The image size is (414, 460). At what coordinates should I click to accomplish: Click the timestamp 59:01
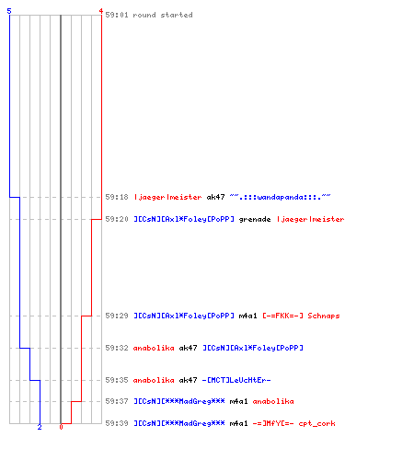pos(117,15)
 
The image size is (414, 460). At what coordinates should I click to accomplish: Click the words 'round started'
pos(163,15)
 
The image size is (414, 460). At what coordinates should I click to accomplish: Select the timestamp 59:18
pos(117,197)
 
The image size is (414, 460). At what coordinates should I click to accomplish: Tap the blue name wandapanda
pos(280,197)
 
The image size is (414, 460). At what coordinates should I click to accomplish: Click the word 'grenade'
pos(255,220)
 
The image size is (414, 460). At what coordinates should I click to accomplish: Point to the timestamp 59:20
pos(117,219)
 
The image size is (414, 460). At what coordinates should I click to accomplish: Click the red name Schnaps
pos(324,316)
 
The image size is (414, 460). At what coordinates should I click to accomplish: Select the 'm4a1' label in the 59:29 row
pos(247,316)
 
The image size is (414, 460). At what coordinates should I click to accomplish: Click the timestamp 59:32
pos(117,348)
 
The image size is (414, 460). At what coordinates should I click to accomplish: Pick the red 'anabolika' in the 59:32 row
pos(154,348)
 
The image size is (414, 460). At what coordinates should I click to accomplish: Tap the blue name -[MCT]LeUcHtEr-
pos(236,380)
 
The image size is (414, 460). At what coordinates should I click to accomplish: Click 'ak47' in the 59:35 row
pos(188,380)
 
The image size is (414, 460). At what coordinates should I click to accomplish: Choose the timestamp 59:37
pos(117,401)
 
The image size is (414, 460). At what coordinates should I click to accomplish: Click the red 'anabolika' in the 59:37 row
pos(273,401)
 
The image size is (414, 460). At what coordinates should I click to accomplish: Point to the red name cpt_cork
pos(316,424)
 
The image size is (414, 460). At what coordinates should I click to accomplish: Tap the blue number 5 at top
pos(9,11)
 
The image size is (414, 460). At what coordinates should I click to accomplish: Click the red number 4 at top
pos(101,11)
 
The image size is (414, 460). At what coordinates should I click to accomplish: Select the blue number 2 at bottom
pos(40,427)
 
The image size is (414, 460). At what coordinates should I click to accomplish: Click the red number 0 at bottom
pos(61,427)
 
